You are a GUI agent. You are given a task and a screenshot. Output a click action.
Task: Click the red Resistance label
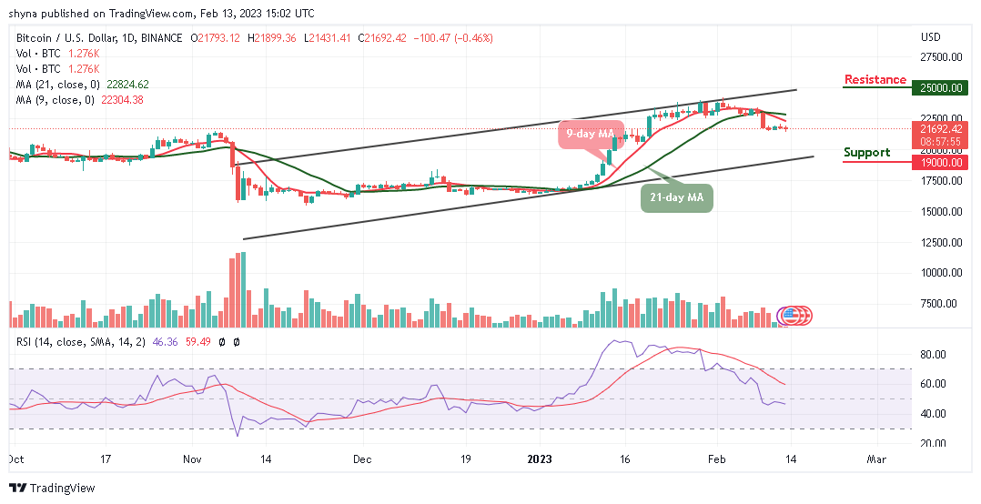pos(875,80)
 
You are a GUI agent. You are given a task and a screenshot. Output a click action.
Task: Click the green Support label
pos(866,153)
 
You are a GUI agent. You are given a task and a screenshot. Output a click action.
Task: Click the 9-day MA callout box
pos(590,134)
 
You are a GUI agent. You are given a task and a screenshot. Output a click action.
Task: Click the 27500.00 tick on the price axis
pos(941,57)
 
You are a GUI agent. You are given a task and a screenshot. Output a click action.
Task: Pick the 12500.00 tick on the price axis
pos(941,242)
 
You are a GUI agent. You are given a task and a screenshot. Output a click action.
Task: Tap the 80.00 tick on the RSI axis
pos(935,355)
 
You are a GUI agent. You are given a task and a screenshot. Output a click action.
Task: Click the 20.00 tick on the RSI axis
pos(935,443)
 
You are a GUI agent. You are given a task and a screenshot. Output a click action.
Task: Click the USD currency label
pos(930,37)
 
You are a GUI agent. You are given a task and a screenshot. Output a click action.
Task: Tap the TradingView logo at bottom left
pos(52,488)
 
